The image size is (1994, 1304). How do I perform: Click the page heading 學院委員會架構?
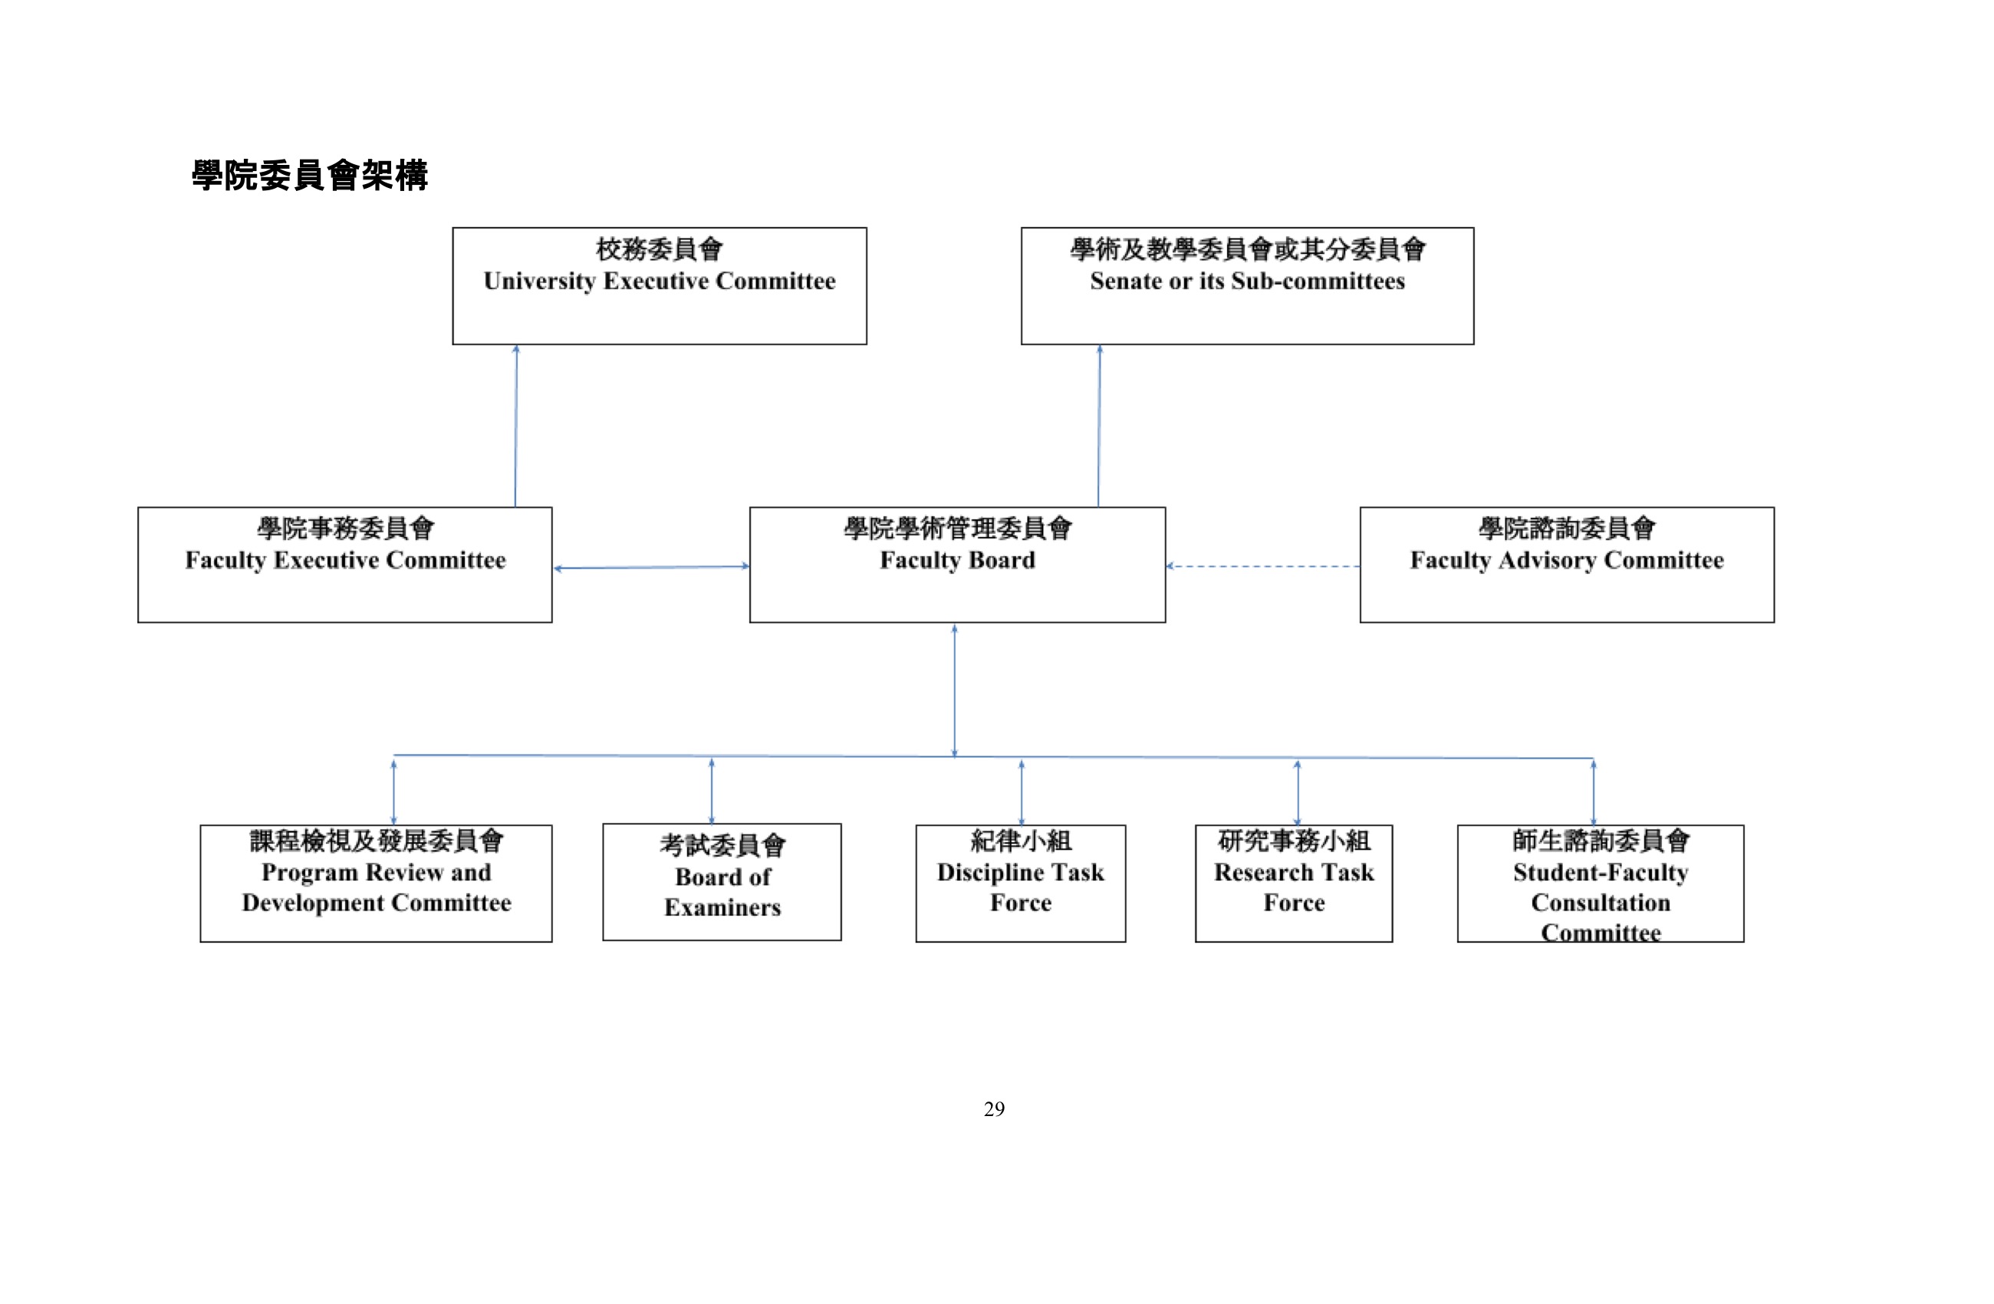click(310, 176)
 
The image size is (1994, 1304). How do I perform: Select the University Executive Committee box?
click(660, 286)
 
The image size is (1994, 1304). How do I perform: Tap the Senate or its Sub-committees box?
click(1247, 286)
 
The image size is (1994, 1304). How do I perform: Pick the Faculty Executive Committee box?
click(345, 565)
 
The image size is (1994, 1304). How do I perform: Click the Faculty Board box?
click(958, 565)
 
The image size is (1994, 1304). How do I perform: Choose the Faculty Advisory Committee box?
click(1567, 565)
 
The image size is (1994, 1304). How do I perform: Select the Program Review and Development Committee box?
click(377, 884)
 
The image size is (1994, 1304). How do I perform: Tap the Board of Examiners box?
click(722, 881)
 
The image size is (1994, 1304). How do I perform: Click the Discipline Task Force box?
click(1021, 884)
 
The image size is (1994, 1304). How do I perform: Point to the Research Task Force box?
click(1294, 884)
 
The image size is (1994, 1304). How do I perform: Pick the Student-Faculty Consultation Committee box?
click(1601, 884)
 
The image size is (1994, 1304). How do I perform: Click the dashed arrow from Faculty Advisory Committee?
click(1262, 567)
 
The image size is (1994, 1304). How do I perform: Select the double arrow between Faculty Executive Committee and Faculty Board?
click(651, 568)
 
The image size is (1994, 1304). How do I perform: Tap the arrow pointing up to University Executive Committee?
click(515, 426)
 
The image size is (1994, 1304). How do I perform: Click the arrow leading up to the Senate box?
click(1099, 426)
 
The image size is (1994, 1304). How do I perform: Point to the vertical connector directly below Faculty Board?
click(954, 690)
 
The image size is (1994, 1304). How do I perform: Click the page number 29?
click(995, 1110)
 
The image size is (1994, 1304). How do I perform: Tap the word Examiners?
click(722, 907)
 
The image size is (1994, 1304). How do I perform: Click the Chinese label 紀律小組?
click(1021, 841)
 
